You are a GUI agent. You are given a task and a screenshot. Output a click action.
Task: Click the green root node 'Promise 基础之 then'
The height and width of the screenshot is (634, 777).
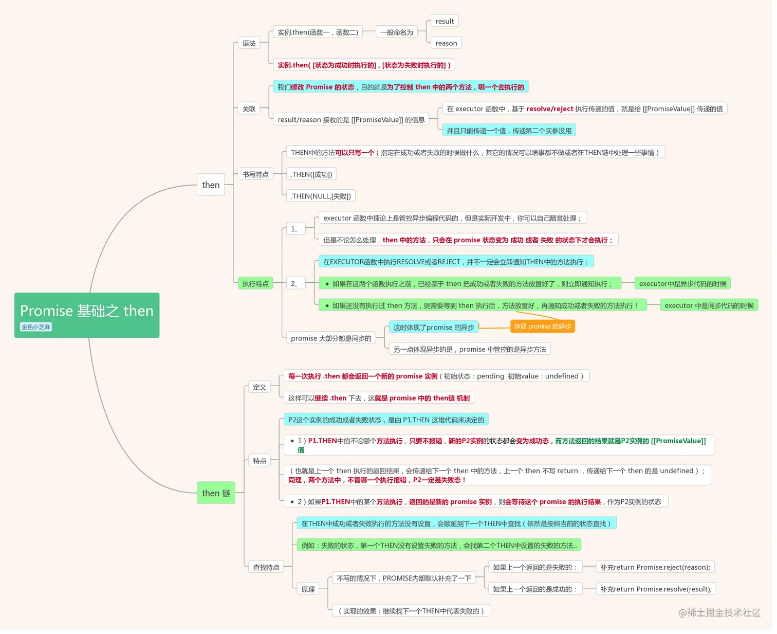point(87,316)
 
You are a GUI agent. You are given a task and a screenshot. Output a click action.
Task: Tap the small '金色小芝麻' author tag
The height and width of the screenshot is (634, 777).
point(36,327)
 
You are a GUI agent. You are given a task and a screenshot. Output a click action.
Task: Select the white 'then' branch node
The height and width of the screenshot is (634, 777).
point(211,185)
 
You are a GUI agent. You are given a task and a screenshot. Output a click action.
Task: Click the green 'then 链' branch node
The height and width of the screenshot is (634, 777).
point(216,493)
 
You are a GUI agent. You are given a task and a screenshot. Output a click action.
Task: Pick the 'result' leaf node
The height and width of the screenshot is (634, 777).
point(445,22)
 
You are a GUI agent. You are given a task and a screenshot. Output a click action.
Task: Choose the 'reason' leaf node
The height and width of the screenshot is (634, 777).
point(446,43)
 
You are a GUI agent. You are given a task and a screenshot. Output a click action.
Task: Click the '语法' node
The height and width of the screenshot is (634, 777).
point(249,43)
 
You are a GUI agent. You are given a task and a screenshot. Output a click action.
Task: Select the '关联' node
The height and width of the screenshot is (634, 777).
point(249,108)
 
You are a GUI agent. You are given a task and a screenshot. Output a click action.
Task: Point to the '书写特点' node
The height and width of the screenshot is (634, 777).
point(256,174)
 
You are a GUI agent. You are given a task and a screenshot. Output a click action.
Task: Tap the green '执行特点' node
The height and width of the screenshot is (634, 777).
point(256,284)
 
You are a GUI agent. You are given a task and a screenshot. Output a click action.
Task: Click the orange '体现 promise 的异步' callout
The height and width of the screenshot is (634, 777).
point(543,327)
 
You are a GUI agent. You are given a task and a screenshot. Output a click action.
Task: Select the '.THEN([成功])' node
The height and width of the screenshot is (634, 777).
point(312,174)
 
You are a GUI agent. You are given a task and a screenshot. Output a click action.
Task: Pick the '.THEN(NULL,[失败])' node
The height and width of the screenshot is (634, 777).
point(321,196)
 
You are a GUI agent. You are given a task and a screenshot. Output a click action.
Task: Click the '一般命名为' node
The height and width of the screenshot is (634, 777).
point(397,32)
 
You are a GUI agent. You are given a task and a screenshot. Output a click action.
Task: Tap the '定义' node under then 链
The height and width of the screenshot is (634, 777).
point(260,387)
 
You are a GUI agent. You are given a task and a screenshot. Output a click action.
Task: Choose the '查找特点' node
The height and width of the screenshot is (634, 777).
point(266,567)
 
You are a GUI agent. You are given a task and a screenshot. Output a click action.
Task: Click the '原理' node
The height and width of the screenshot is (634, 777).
point(308,589)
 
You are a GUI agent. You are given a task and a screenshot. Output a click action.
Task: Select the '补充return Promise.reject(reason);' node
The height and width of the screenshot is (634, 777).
point(655,567)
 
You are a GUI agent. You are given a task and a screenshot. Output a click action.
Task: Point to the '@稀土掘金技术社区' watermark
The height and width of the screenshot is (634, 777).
point(719,612)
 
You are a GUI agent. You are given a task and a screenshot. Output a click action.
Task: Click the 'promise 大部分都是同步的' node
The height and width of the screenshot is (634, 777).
point(331,338)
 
